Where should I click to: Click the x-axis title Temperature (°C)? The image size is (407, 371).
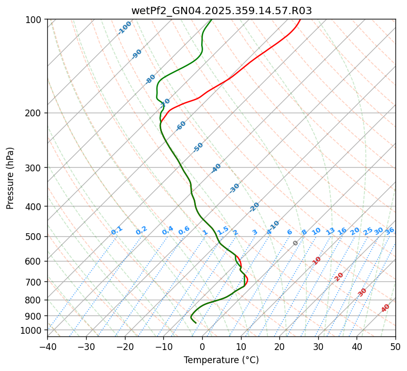point(221,361)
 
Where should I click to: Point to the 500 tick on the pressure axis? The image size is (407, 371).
point(34,237)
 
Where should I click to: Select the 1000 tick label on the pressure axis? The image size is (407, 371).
point(32,330)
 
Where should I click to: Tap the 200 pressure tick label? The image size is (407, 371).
point(34,113)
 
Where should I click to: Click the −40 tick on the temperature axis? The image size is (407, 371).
point(47,347)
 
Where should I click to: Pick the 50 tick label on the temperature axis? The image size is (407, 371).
point(395,347)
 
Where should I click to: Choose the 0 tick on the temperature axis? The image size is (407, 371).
point(202,347)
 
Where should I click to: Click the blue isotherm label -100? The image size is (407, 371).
point(124,27)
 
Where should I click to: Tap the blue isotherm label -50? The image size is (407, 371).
point(198,147)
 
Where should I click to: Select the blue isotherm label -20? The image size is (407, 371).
point(254,207)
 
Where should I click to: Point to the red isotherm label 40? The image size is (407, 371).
point(385,308)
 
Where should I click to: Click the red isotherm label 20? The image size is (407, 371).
point(339,276)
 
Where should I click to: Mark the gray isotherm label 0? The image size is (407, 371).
point(296,243)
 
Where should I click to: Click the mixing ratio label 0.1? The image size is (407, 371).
point(117,230)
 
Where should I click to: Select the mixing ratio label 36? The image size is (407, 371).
point(390,231)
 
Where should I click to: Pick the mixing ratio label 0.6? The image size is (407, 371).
point(184,231)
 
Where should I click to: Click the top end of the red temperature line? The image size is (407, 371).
point(300,19)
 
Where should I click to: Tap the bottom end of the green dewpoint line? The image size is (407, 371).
point(196,323)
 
